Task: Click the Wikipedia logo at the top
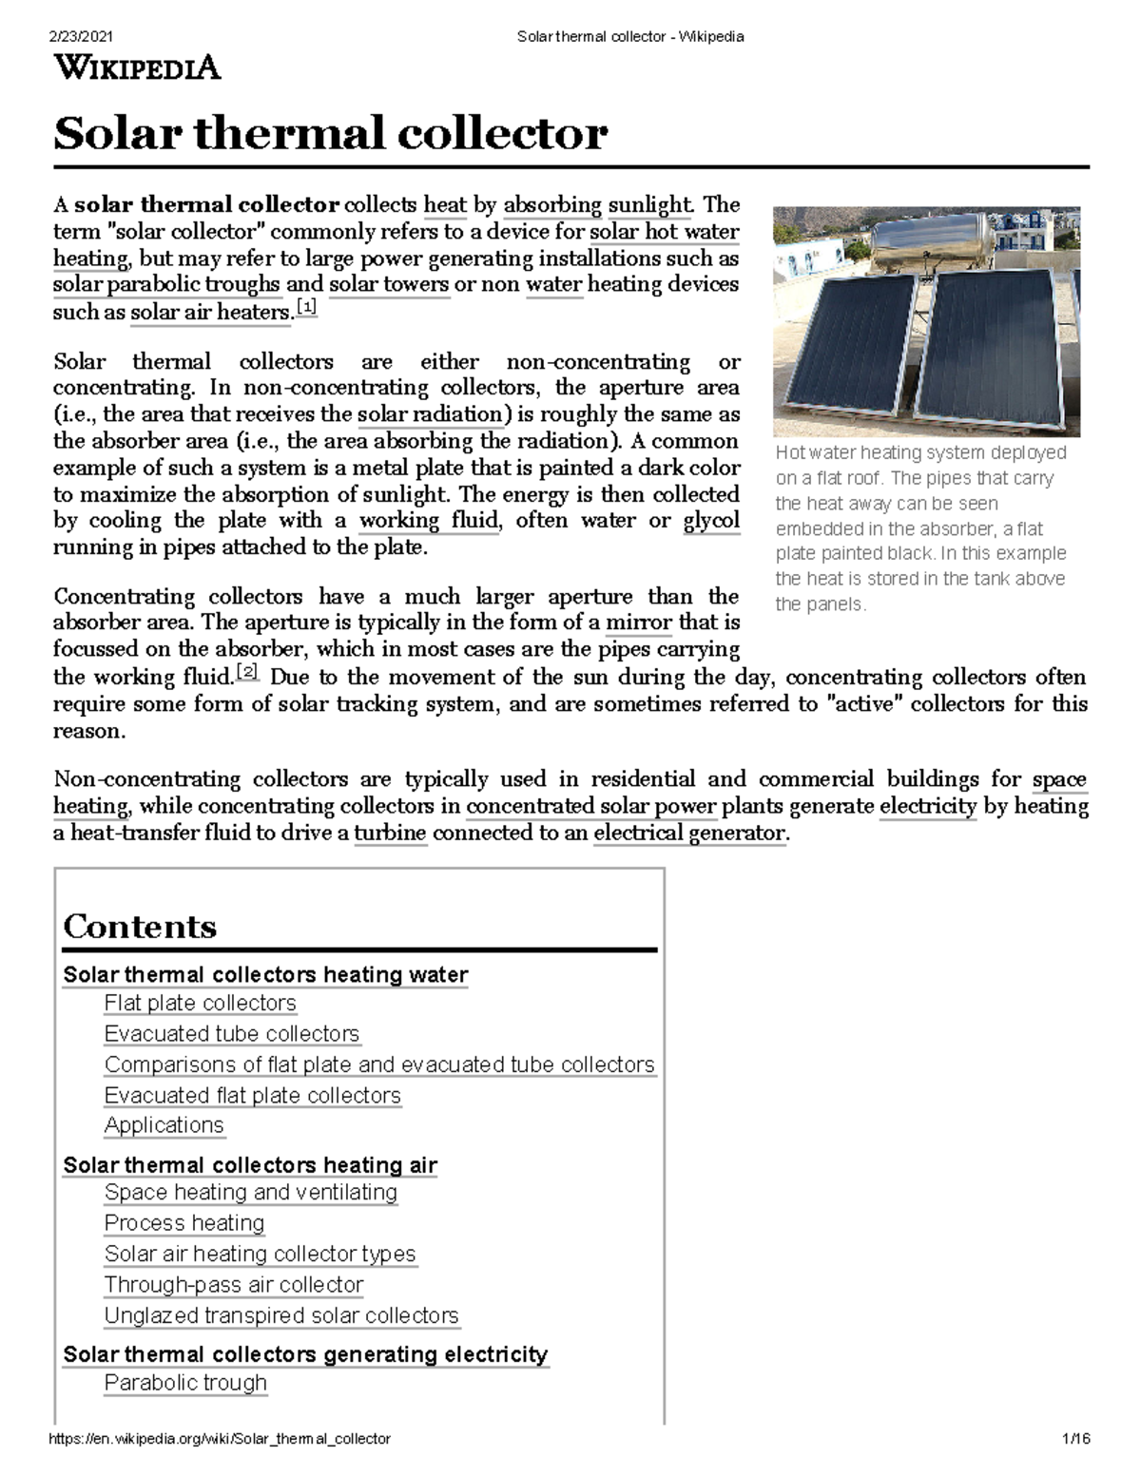[x=137, y=68]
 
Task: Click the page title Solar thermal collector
[x=329, y=133]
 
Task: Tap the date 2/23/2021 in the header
[x=82, y=37]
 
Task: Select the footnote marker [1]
[x=306, y=308]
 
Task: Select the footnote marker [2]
[x=247, y=673]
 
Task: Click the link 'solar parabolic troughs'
[x=166, y=285]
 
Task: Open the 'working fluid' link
[x=428, y=521]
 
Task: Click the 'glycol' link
[x=711, y=521]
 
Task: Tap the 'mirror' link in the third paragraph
[x=639, y=623]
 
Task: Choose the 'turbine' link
[x=391, y=834]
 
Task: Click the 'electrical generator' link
[x=689, y=834]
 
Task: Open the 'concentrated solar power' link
[x=590, y=807]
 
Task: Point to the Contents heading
[x=140, y=927]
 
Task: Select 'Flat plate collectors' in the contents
[x=200, y=1004]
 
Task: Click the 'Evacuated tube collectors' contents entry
[x=232, y=1034]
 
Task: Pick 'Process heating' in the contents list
[x=184, y=1223]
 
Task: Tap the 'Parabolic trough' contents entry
[x=185, y=1383]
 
